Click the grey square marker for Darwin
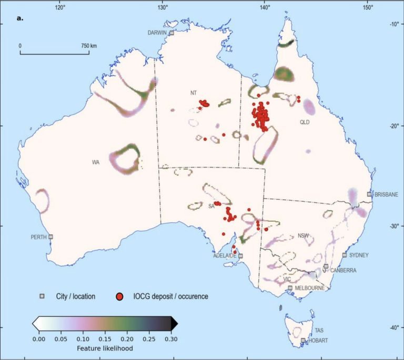[x=171, y=33]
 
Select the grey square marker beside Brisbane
[x=369, y=194]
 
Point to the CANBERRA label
[x=344, y=271]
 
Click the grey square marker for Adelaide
[x=240, y=256]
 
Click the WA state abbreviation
[x=95, y=162]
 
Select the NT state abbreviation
[x=194, y=92]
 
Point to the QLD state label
[x=305, y=122]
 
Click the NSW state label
[x=303, y=235]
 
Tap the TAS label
[x=319, y=331]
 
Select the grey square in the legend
[x=42, y=296]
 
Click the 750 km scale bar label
[x=89, y=46]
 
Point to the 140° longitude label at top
[x=265, y=8]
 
